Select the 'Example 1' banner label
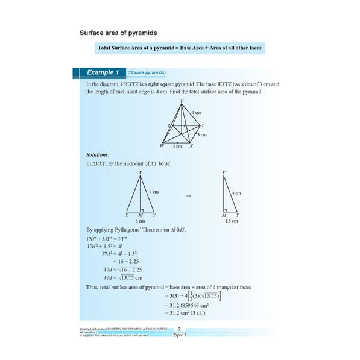pos(102,72)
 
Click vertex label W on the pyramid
pos(162,146)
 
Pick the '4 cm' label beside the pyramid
pos(197,113)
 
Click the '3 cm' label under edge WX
pos(177,147)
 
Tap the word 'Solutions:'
pos(98,155)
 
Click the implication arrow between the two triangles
pos(188,197)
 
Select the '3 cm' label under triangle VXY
pos(141,221)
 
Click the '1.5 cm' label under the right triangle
pos(231,221)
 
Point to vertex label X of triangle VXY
pos(127,215)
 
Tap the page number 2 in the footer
pos(179,329)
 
